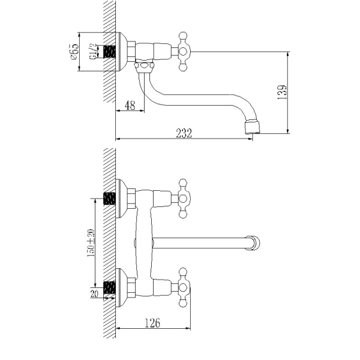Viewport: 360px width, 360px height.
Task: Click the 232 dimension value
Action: (184, 134)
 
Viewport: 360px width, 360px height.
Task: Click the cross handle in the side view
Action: (182, 52)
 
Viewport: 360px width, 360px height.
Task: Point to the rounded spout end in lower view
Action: (256, 242)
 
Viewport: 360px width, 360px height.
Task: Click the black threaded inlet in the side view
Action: (109, 52)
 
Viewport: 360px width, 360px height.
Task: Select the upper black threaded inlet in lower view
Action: (109, 198)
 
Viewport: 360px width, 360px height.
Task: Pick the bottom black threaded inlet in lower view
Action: (109, 289)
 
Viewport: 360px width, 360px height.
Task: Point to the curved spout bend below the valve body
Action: (149, 90)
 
